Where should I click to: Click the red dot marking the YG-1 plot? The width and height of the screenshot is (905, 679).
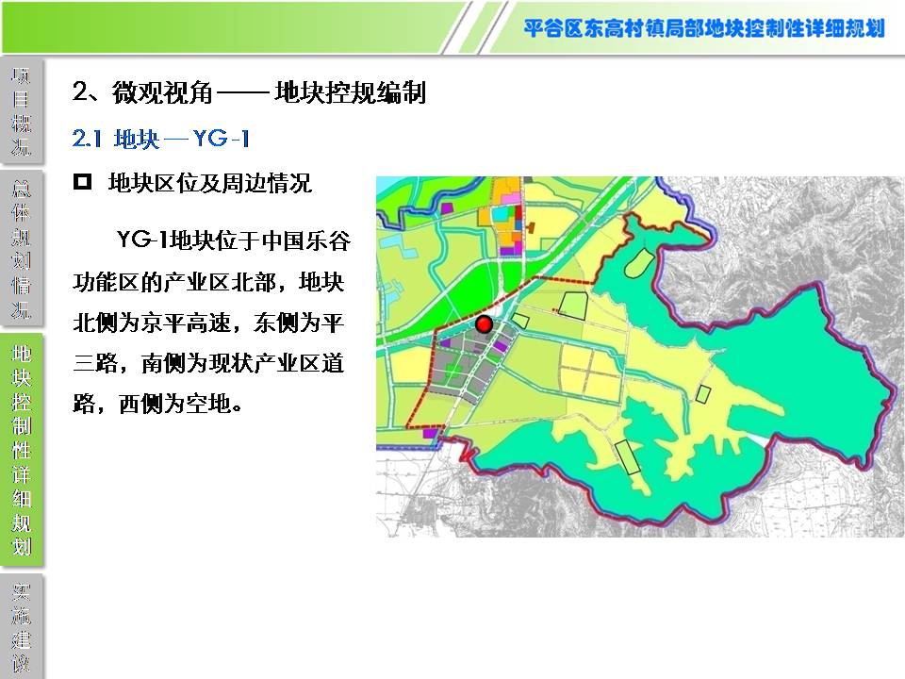pyautogui.click(x=484, y=324)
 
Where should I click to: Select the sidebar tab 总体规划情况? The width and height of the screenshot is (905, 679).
pyautogui.click(x=22, y=249)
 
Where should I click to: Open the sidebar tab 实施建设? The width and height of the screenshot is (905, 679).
pyautogui.click(x=22, y=626)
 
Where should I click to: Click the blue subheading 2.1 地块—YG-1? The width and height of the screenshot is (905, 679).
pyautogui.click(x=161, y=139)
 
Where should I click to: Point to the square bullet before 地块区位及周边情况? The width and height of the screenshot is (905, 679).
pyautogui.click(x=82, y=182)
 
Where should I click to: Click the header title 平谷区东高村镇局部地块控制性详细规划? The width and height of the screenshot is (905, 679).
pyautogui.click(x=704, y=28)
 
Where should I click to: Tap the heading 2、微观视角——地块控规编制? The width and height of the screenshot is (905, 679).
pyautogui.click(x=249, y=92)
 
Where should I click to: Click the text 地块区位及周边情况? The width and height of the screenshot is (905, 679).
pyautogui.click(x=209, y=184)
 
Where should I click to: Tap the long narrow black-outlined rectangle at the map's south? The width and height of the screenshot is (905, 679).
pyautogui.click(x=628, y=457)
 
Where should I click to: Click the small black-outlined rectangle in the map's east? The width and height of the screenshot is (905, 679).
pyautogui.click(x=702, y=394)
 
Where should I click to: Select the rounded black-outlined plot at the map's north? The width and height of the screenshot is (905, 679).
pyautogui.click(x=639, y=264)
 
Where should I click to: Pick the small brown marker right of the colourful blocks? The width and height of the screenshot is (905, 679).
pyautogui.click(x=531, y=227)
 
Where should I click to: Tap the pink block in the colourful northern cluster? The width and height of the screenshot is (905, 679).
pyautogui.click(x=511, y=199)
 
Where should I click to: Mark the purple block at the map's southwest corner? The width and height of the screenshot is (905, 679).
pyautogui.click(x=430, y=433)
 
